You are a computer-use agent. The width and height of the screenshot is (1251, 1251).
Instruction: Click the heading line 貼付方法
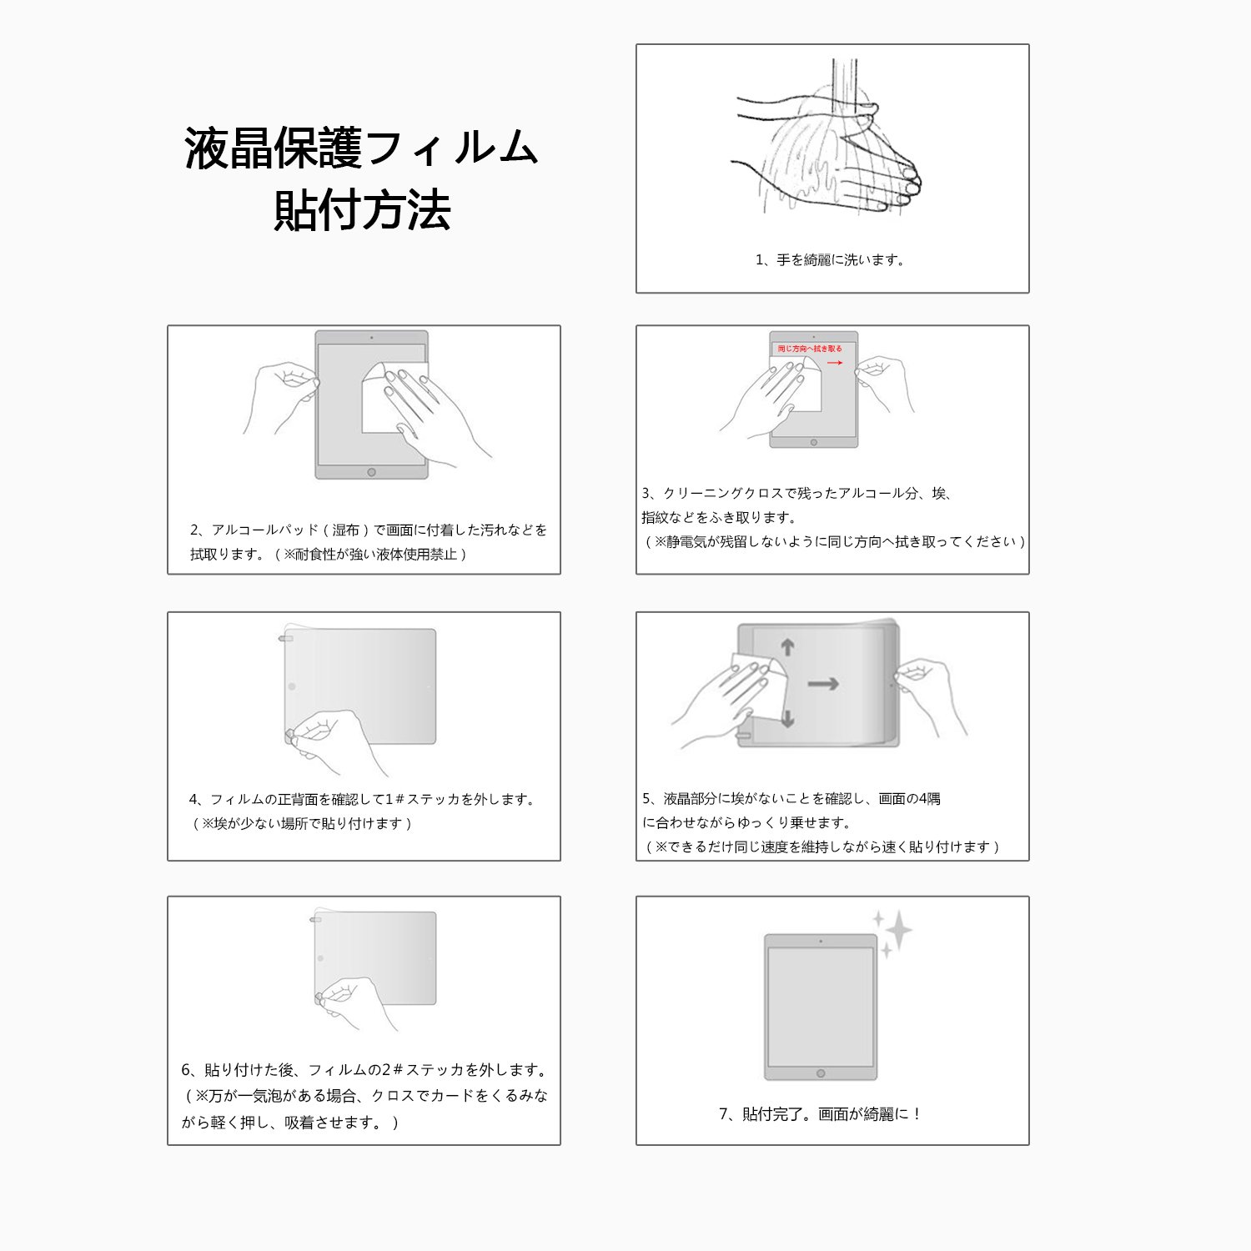point(363,210)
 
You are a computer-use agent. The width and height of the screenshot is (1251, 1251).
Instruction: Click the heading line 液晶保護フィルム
point(362,148)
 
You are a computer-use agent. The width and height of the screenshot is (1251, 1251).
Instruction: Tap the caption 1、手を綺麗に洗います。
point(831,260)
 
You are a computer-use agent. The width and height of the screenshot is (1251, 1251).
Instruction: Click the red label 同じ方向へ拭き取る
point(810,349)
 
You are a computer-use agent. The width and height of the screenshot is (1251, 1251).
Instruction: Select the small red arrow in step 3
point(834,363)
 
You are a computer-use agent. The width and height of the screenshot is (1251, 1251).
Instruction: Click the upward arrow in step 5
point(787,647)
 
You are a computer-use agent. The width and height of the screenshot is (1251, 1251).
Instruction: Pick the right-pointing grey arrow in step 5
point(823,684)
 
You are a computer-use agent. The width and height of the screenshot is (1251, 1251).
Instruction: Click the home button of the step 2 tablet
point(371,472)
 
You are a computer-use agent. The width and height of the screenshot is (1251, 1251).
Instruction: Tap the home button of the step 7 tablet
point(821,1073)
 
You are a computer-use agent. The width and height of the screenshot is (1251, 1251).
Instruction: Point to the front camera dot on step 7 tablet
point(821,942)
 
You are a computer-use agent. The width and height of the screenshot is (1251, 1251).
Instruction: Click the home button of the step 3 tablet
point(813,442)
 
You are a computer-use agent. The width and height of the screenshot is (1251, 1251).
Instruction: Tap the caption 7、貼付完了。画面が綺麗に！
point(821,1114)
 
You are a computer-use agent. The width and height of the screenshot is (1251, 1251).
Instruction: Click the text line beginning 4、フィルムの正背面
point(363,800)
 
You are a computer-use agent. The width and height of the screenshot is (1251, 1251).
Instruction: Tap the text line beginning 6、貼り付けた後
point(365,1070)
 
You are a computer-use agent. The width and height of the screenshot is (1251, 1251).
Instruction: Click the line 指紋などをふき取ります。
point(720,518)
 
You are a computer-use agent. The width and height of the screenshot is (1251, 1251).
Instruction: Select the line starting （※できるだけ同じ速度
point(821,847)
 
